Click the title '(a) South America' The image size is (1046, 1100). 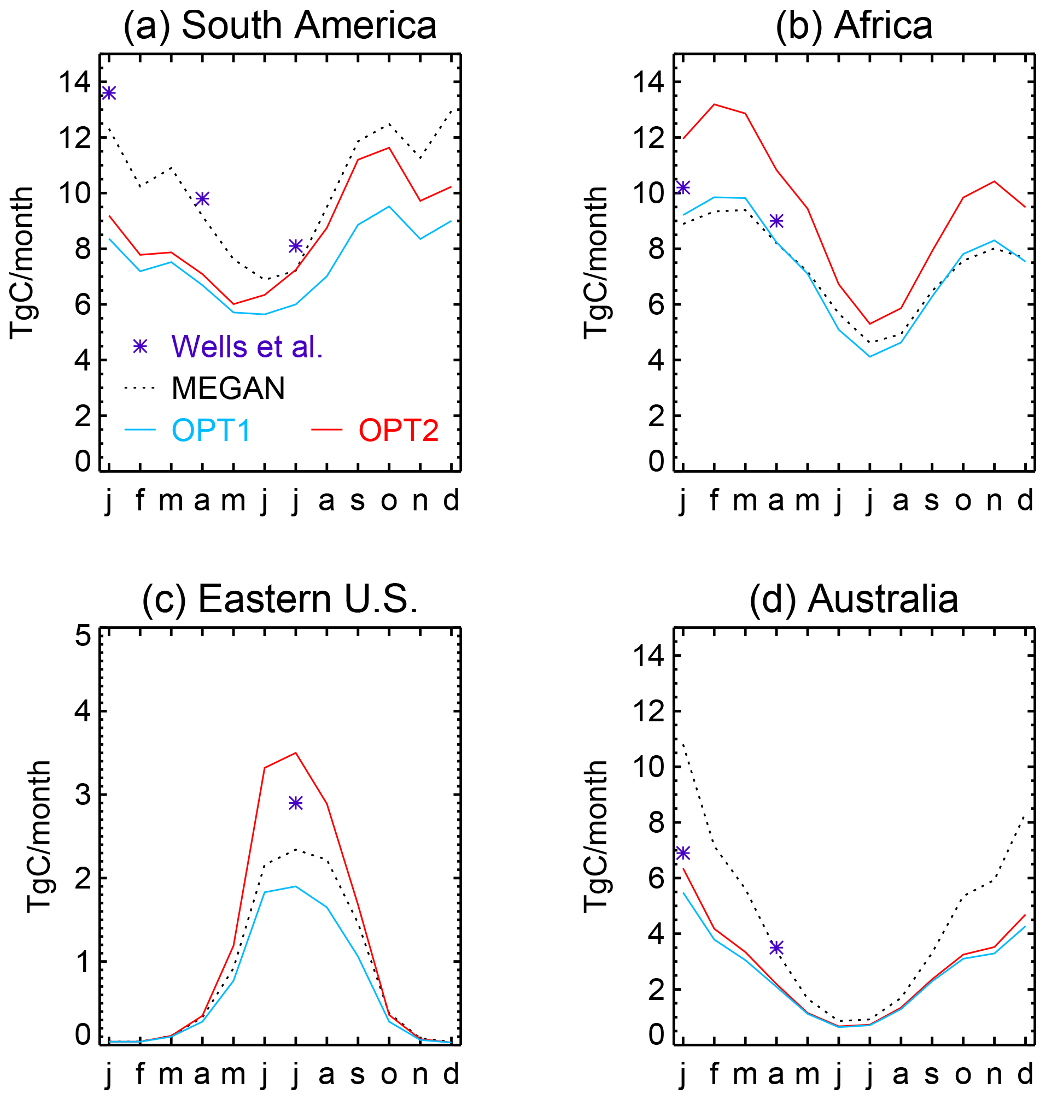point(280,26)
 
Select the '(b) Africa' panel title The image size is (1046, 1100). point(854,26)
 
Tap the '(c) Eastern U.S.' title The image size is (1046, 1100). point(280,599)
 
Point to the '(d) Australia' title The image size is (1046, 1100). point(854,599)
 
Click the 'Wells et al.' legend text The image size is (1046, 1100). point(247,346)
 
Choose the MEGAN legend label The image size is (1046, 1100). point(228,389)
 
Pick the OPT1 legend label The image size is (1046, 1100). point(211,430)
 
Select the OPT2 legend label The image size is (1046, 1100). point(399,430)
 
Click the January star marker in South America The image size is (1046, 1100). point(109,93)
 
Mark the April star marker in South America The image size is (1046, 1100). point(202,198)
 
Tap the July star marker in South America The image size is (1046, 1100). point(295,246)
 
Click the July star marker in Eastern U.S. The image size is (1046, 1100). point(295,803)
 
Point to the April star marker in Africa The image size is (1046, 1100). point(776,221)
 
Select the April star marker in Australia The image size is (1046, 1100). point(776,948)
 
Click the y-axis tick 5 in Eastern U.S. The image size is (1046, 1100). point(83,637)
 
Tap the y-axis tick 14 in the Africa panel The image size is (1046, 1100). point(648,83)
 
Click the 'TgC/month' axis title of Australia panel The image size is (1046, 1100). point(595,836)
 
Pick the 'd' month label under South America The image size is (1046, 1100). point(451,501)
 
